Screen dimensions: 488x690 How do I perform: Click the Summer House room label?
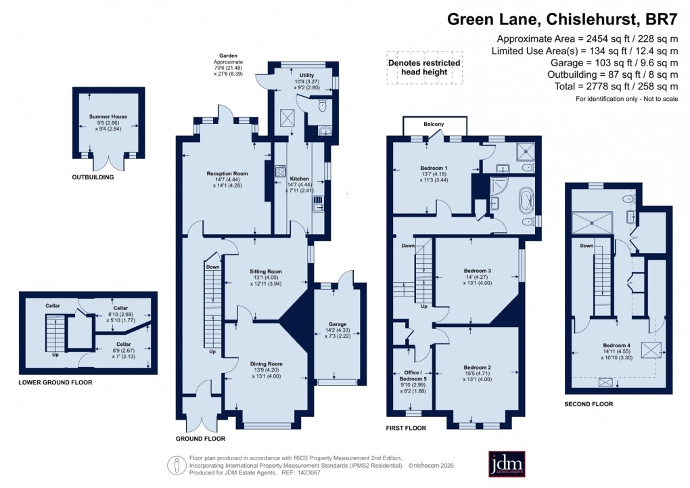[108, 116]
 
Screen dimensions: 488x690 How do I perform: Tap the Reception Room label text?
[227, 174]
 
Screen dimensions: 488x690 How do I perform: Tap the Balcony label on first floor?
[434, 124]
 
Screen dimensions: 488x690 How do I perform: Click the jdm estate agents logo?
[507, 464]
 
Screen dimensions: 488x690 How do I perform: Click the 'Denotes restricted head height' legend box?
[424, 67]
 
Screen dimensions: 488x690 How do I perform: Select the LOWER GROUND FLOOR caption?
[55, 382]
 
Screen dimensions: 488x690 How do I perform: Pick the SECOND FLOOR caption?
[588, 404]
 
